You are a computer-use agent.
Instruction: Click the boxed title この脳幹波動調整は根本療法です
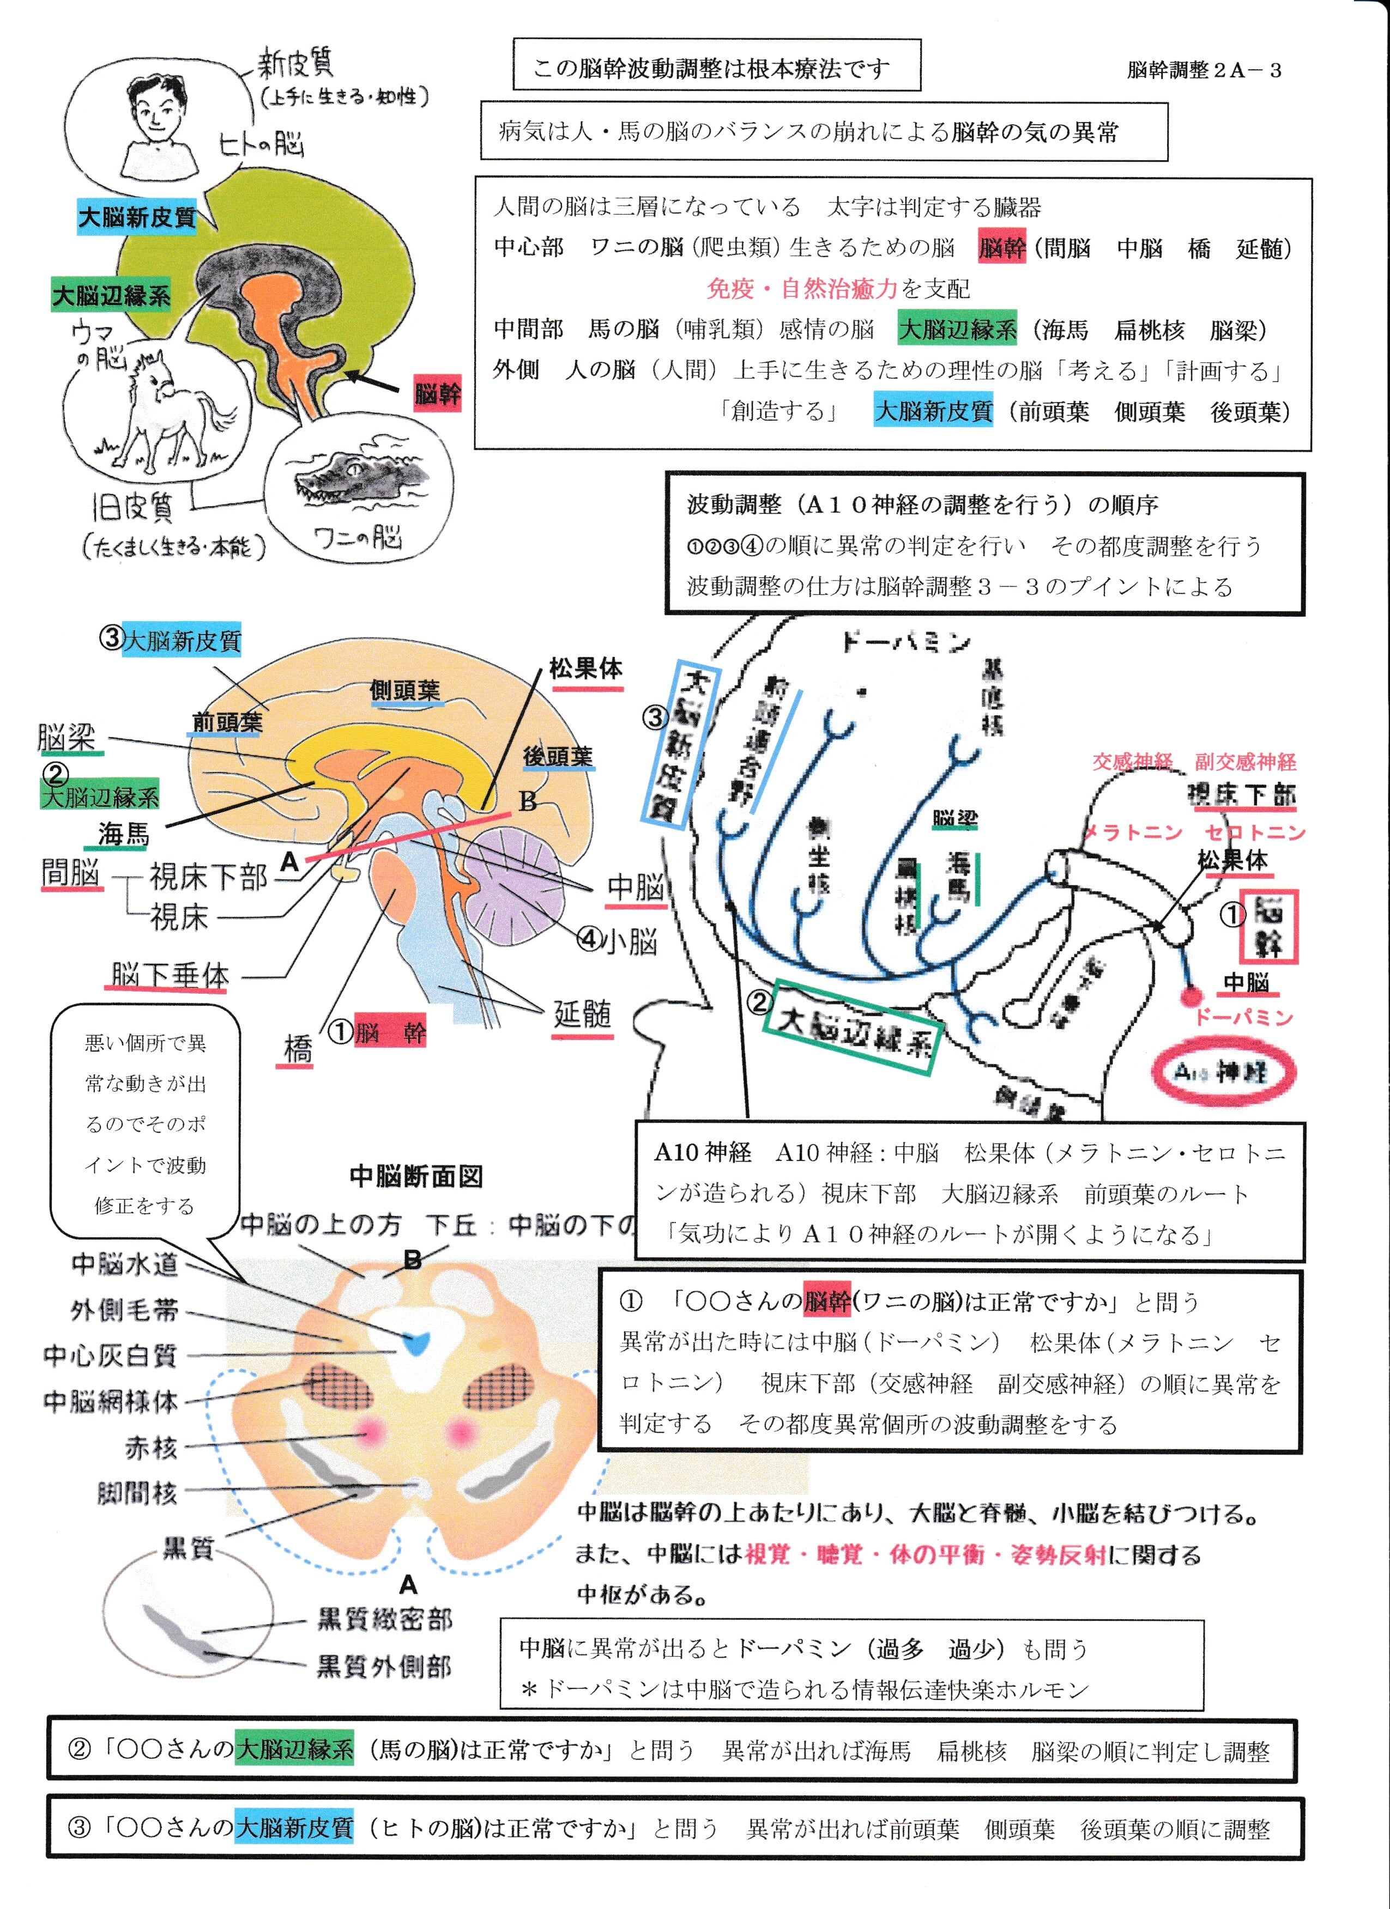pyautogui.click(x=716, y=66)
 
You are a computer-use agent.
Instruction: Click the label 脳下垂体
pyautogui.click(x=169, y=976)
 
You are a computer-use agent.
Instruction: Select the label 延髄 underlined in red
pyautogui.click(x=581, y=1014)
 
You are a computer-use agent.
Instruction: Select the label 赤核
pyautogui.click(x=152, y=1447)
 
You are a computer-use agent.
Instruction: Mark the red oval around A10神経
pyautogui.click(x=1221, y=1072)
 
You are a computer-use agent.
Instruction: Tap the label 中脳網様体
pyautogui.click(x=111, y=1401)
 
